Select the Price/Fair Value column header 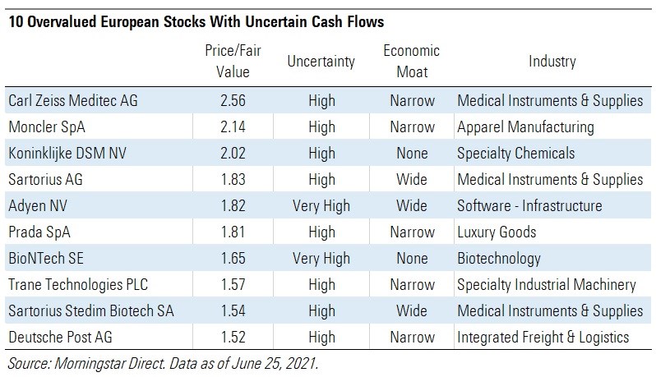click(x=227, y=61)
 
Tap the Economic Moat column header click(x=411, y=61)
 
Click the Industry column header click(x=552, y=62)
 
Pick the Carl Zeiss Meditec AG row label click(x=73, y=101)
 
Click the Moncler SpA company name click(x=48, y=127)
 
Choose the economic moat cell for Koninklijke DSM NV click(x=411, y=154)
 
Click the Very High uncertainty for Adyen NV click(x=321, y=206)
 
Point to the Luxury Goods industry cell click(x=497, y=232)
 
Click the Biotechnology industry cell click(x=498, y=259)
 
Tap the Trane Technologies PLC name click(x=79, y=285)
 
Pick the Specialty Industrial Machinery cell click(x=546, y=285)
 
